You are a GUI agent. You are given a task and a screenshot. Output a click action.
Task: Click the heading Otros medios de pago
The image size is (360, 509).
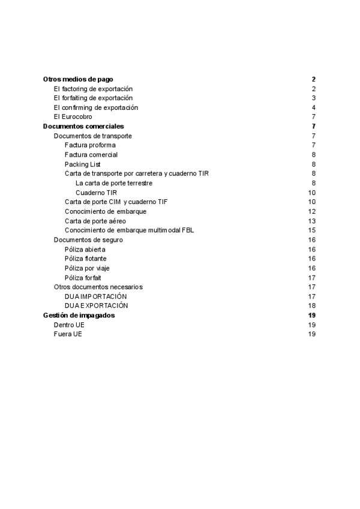click(78, 79)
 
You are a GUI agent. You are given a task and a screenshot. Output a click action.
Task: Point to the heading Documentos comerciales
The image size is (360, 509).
click(83, 126)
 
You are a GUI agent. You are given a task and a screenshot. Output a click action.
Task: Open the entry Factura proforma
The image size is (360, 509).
click(90, 145)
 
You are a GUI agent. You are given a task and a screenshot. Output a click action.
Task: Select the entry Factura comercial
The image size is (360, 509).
click(91, 154)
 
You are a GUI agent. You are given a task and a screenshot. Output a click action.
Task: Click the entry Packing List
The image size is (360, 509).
click(83, 164)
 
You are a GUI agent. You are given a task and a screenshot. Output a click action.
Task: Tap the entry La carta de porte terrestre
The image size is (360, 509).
click(114, 182)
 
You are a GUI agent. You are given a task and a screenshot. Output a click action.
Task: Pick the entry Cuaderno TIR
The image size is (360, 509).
click(96, 192)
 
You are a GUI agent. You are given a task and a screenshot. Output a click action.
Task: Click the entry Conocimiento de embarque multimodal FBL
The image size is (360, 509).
click(129, 230)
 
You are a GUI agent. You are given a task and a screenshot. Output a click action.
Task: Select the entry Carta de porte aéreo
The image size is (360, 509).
click(95, 220)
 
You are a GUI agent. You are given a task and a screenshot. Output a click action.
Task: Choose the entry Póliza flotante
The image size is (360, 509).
click(85, 258)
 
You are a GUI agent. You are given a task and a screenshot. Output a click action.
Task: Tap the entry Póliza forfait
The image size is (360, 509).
click(83, 277)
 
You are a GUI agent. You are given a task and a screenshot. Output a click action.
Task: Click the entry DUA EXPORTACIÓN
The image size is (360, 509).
click(97, 306)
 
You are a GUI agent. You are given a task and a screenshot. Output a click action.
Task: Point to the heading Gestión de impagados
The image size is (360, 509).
click(79, 315)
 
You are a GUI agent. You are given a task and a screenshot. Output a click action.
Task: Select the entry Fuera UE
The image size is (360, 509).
click(68, 334)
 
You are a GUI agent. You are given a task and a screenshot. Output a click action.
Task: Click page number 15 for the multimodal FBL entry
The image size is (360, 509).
click(312, 230)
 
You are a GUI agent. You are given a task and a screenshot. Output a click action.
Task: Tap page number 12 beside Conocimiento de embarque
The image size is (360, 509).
click(312, 211)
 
